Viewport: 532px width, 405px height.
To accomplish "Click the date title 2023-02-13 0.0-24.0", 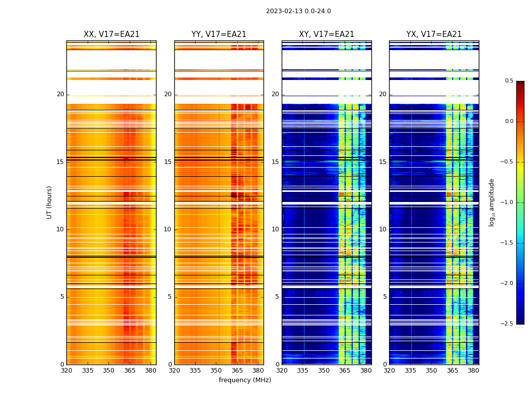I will (298, 11).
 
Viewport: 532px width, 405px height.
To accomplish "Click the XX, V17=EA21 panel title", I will (111, 34).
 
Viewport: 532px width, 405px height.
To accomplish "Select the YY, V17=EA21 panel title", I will (219, 34).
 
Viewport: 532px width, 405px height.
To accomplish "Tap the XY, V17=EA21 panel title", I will (327, 34).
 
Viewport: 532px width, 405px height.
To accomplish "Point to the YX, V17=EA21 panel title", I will (434, 34).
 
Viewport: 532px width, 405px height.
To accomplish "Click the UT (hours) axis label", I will (50, 202).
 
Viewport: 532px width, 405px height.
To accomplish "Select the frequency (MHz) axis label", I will (245, 380).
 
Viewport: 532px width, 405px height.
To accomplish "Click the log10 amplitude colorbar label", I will (491, 202).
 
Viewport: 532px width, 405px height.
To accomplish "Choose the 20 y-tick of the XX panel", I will (60, 94).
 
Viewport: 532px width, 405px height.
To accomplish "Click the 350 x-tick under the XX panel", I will (108, 371).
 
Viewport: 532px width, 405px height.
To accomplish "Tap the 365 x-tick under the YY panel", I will (237, 371).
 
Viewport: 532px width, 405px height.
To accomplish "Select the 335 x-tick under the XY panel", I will (303, 371).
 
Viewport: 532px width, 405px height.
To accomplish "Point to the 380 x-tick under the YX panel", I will (473, 371).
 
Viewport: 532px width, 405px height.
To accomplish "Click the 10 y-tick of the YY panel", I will (168, 229).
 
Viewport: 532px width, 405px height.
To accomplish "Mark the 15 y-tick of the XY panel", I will (275, 162).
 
